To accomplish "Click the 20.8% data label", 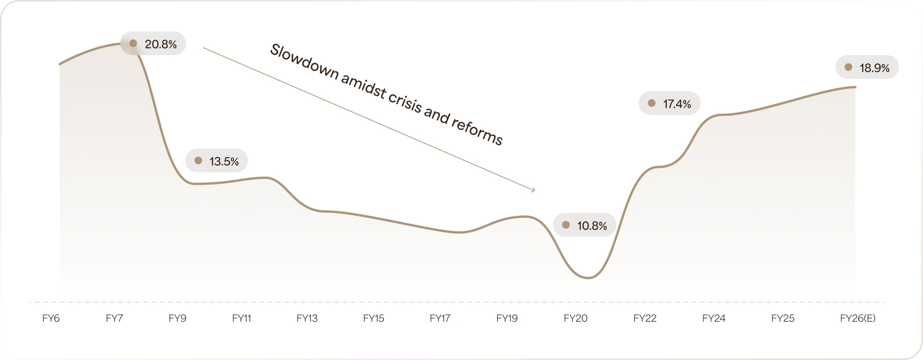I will (x=160, y=44).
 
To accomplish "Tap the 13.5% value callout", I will (x=224, y=161).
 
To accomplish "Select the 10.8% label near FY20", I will (x=591, y=226).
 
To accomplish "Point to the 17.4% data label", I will (x=676, y=104).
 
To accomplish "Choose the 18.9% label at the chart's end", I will (x=874, y=68).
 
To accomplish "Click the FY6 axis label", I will (x=51, y=319).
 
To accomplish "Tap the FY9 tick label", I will (x=178, y=319).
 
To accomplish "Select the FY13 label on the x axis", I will (x=307, y=319).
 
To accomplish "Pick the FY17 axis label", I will (x=440, y=319).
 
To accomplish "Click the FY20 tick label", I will (x=575, y=319).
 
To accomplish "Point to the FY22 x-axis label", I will (x=645, y=319).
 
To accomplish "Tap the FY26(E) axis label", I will (x=858, y=319).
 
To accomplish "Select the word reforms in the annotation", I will (x=477, y=131).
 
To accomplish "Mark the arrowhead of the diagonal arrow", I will (x=533, y=190).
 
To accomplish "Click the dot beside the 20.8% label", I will (x=133, y=44).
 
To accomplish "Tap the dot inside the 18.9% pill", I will (x=848, y=67).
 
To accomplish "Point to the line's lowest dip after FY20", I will (x=589, y=278).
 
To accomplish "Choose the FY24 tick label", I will (x=714, y=319).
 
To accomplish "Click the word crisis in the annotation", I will (x=404, y=102).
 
